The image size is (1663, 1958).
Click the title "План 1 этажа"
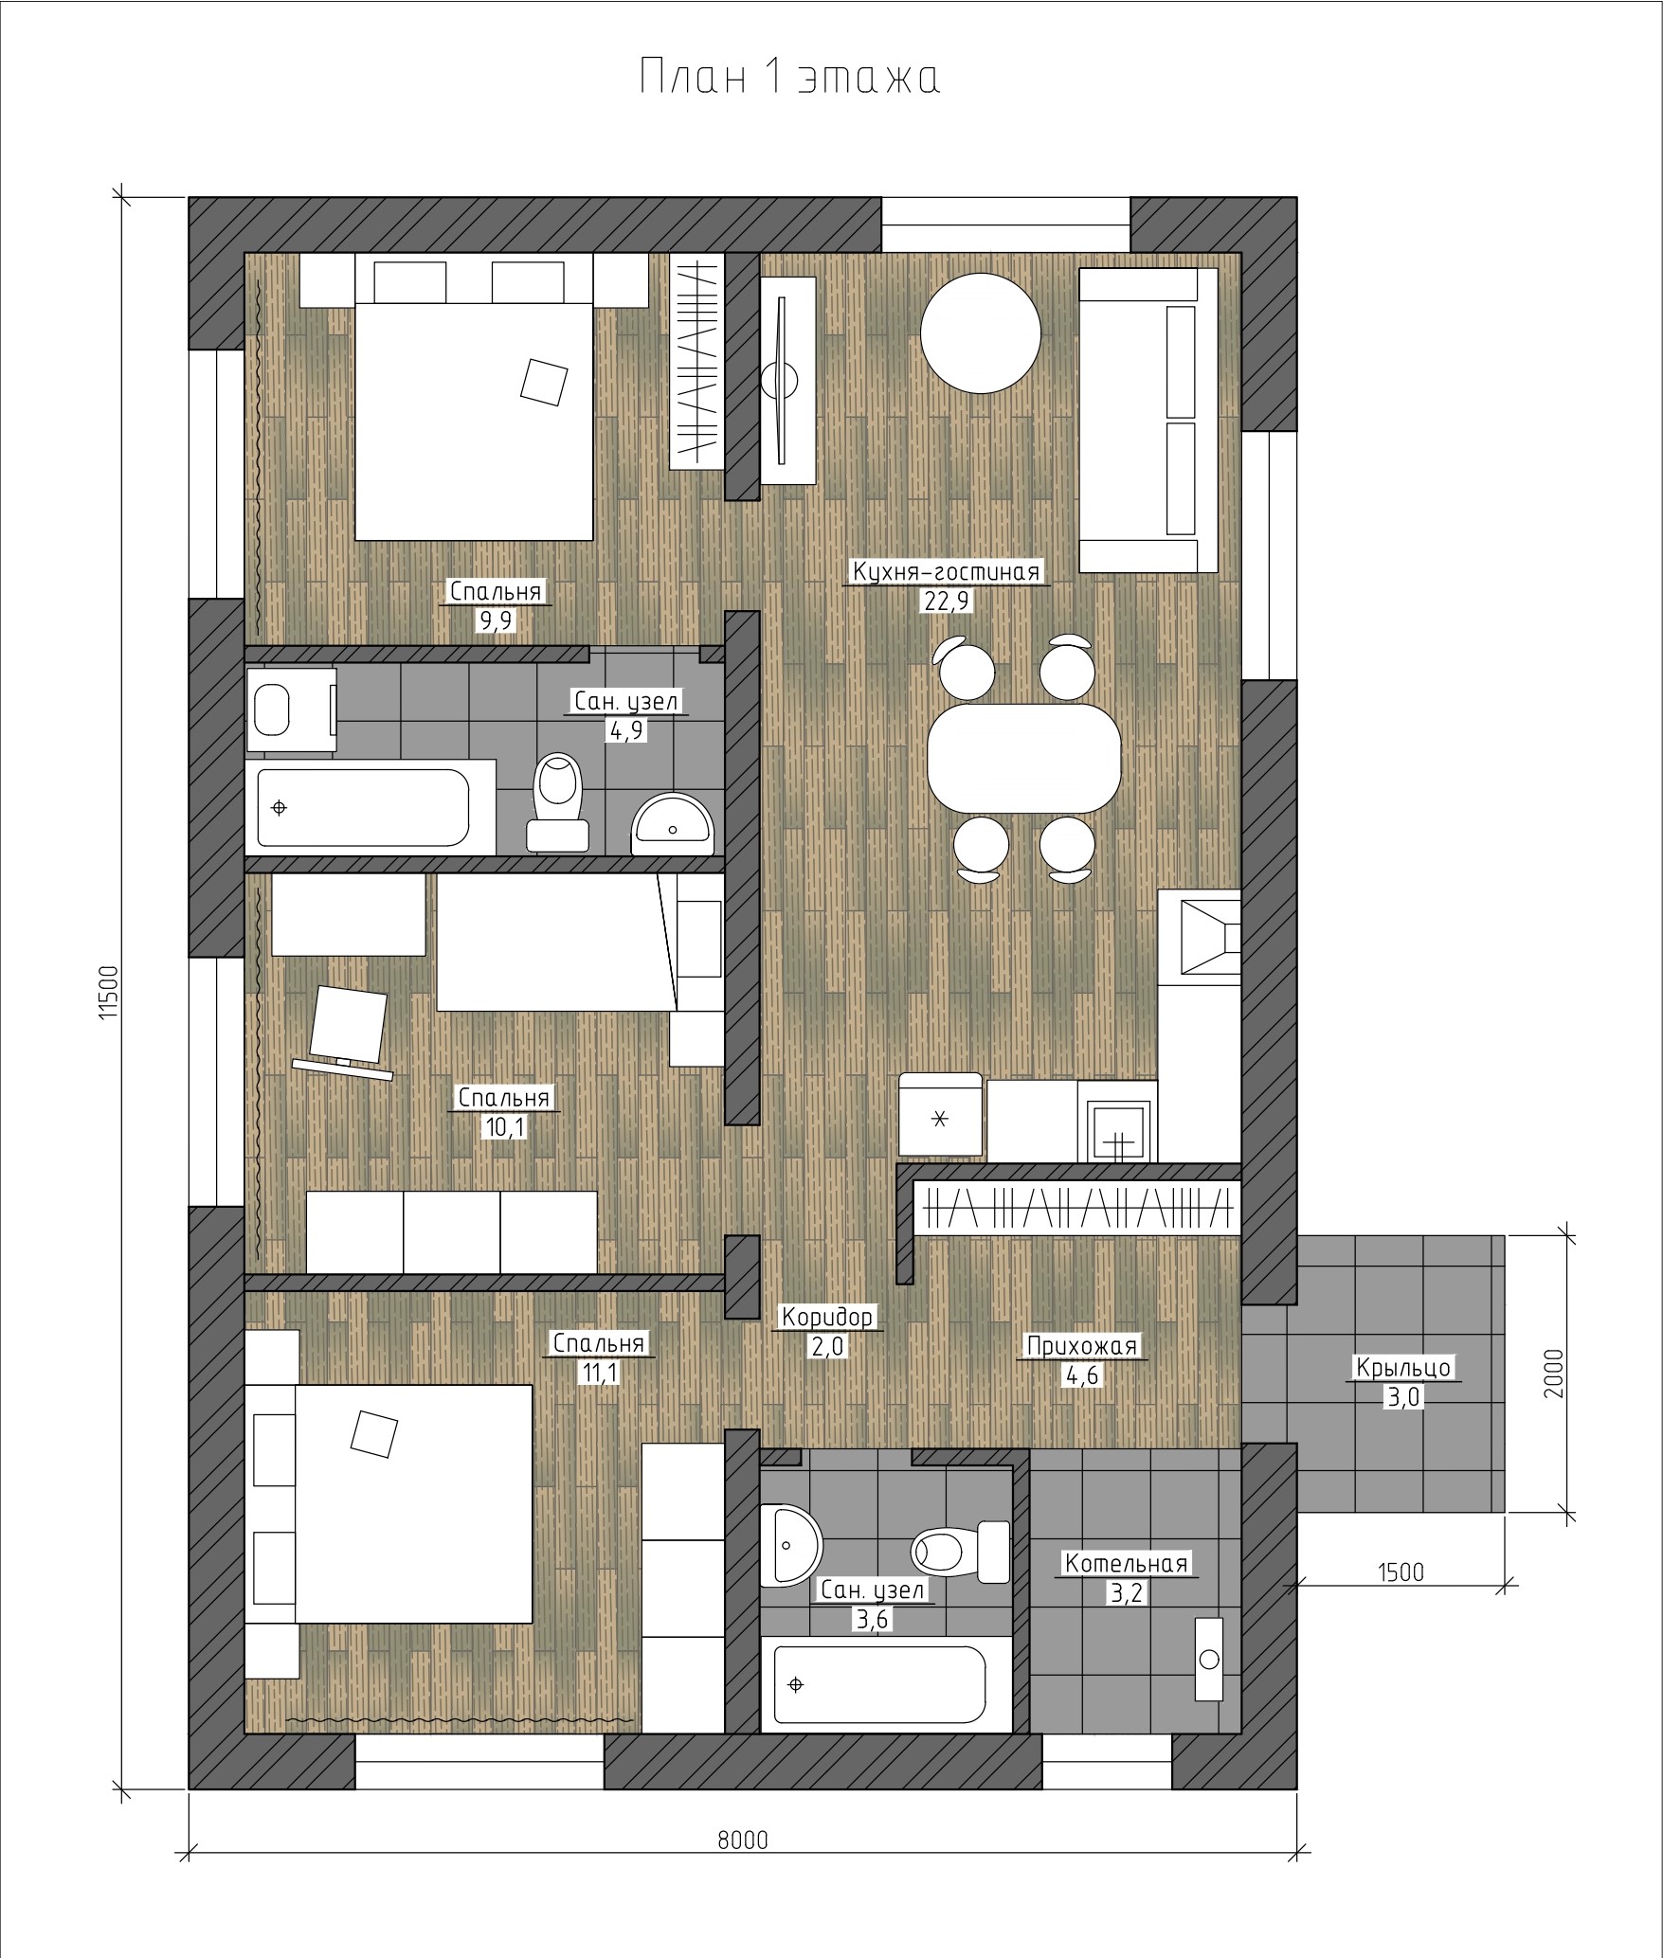coord(789,77)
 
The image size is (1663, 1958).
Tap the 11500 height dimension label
coord(109,992)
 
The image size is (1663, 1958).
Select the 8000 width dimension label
coord(743,1840)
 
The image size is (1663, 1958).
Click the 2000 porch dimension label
coord(1552,1374)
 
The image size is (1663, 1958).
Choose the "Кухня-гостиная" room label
coord(947,572)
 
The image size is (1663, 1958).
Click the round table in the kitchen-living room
coord(981,332)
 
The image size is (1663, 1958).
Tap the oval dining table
coord(1024,758)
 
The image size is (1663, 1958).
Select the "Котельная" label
coord(1127,1563)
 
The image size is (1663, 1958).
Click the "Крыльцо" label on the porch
coord(1403,1367)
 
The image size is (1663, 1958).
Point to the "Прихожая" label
coord(1082,1345)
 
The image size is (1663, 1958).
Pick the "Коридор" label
coord(827,1317)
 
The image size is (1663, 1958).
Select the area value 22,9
coord(947,602)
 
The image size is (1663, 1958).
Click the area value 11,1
coord(599,1372)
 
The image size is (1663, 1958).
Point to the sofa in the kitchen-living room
coord(1148,420)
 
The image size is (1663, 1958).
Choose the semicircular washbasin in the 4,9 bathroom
coord(672,819)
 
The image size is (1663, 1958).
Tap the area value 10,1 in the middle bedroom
coord(503,1127)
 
